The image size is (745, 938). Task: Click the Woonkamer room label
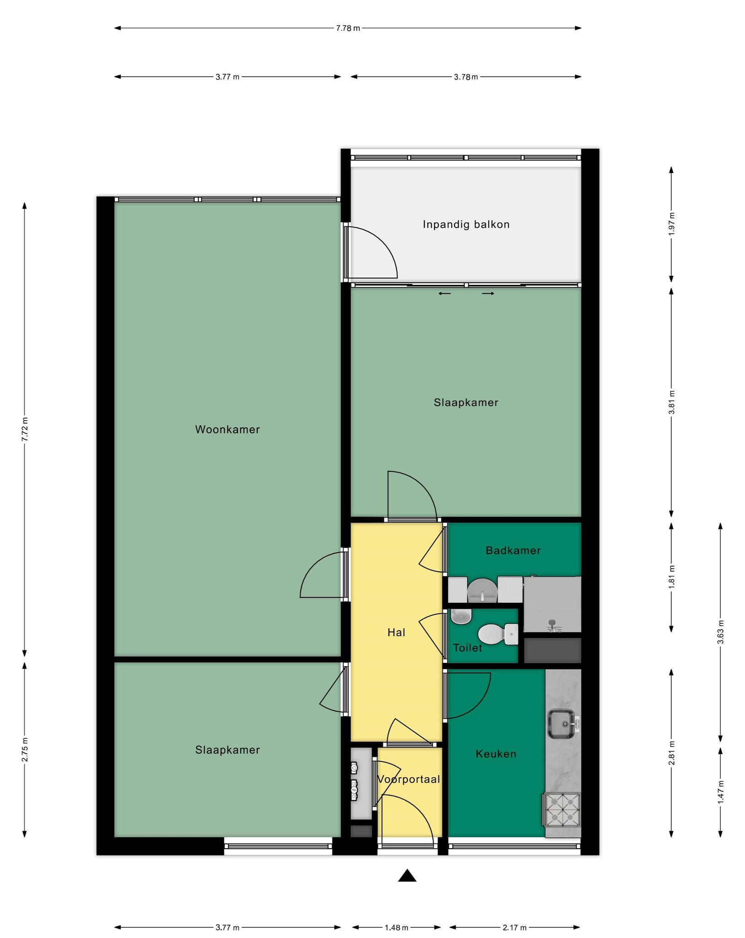tap(227, 430)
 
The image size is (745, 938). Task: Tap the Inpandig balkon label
tap(466, 224)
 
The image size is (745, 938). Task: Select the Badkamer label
tap(513, 550)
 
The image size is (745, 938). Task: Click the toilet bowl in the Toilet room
tap(497, 633)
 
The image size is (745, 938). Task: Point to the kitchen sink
tap(562, 724)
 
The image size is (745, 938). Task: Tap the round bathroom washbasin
tap(482, 590)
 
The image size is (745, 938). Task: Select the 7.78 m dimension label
tap(348, 28)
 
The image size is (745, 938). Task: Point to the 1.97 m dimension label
tap(671, 224)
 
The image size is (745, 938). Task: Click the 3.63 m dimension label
tap(720, 632)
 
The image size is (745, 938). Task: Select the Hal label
tap(396, 633)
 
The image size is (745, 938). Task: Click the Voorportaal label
tap(408, 779)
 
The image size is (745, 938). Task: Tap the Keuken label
tap(496, 754)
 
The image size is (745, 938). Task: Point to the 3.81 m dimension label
tap(671, 402)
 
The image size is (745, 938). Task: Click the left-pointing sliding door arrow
tap(444, 294)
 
